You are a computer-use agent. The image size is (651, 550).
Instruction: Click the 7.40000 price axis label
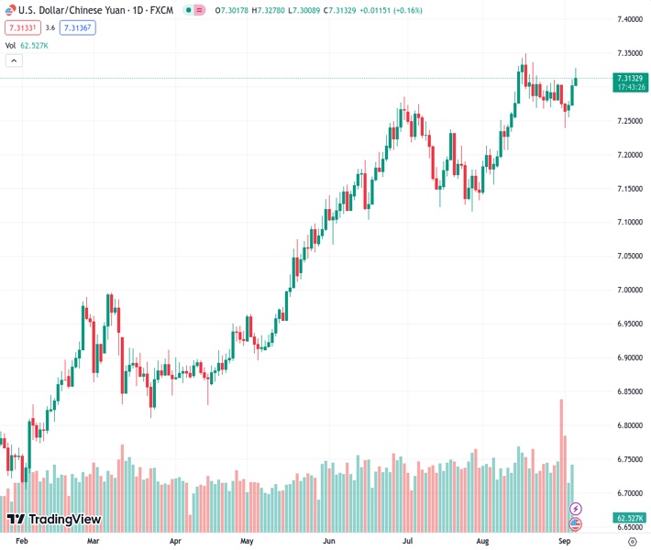628,19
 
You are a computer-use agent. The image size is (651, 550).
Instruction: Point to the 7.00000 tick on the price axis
628,291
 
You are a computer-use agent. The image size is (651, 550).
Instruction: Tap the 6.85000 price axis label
628,392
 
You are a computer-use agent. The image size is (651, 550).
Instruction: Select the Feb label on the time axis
23,542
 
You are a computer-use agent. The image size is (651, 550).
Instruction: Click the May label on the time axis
247,542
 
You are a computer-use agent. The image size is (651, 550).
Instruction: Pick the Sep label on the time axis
565,542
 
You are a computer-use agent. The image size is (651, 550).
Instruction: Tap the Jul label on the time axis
405,542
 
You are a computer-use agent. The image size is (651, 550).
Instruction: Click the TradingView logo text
64,520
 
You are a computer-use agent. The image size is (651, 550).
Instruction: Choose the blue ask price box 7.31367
78,28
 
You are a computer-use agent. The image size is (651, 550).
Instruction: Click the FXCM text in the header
163,10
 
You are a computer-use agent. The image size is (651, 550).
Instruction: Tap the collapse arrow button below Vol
14,60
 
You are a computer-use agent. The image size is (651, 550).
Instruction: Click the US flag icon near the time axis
576,524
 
